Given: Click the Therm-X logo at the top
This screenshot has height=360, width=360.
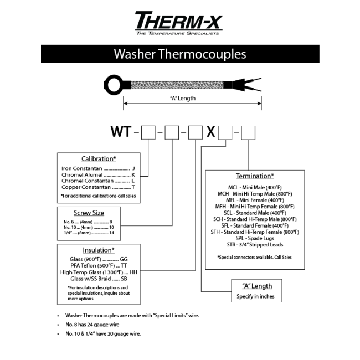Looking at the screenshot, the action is [179, 23].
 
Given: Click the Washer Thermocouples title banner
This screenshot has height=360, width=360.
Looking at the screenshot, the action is [180, 54].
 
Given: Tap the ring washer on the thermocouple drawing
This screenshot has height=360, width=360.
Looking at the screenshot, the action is [114, 85].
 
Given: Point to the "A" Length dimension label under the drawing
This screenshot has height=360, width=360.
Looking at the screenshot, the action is [183, 98].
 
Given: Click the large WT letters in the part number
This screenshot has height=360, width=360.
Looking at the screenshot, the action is [121, 132].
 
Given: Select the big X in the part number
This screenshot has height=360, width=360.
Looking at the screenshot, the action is [211, 132].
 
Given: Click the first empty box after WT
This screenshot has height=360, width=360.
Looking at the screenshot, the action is [148, 132].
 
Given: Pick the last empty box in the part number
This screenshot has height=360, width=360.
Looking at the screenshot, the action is [248, 132].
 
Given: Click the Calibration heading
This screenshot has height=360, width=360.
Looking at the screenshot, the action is [99, 159].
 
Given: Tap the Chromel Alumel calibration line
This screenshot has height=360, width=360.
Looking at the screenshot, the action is [98, 174].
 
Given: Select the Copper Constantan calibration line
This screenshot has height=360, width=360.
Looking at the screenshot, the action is [98, 187].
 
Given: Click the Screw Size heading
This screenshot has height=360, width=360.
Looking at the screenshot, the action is [89, 213].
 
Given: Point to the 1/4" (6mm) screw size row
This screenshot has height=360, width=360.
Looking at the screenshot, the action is [89, 233].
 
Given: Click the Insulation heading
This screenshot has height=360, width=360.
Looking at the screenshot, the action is [99, 250].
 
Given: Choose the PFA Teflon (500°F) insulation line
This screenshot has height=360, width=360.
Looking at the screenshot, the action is [99, 266].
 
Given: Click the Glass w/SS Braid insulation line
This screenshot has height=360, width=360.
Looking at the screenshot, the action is [99, 279].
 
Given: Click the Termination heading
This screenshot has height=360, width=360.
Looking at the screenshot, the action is [255, 176].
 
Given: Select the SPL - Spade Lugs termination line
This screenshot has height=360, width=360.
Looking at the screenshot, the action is [255, 238].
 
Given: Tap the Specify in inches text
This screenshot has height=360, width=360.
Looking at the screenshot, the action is [255, 296].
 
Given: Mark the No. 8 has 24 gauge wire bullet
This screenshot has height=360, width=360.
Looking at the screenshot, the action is [92, 325].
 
